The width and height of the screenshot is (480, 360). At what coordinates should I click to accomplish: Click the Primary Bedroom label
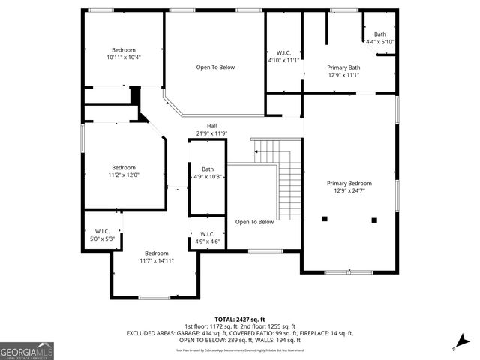coord(349,183)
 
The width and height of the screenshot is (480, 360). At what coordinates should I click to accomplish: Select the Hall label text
coord(212,126)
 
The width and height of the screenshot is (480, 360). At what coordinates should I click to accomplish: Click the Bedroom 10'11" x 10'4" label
coord(124,49)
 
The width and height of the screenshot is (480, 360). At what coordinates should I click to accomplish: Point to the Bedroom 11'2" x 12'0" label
coord(124,167)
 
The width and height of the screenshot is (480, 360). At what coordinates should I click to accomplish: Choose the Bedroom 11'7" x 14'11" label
coord(156,253)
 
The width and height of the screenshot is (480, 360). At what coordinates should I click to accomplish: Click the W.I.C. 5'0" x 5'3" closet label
coord(102,231)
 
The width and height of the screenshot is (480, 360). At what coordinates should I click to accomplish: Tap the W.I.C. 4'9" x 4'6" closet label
coord(208,234)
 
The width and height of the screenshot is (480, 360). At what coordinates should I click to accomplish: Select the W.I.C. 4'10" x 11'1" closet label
coord(283,52)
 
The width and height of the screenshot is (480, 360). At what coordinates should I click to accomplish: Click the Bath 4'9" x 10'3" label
coord(208,169)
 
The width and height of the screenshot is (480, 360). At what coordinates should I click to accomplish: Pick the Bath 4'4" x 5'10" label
coord(380,34)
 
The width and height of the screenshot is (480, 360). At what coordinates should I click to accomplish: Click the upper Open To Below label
coord(215,67)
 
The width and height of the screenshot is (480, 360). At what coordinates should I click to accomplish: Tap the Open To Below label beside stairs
coord(254,222)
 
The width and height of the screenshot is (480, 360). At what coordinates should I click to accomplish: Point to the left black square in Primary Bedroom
coord(325,219)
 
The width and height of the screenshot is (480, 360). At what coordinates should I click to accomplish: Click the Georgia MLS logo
coord(27,351)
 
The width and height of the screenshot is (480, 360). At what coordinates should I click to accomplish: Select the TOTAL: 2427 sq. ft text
coord(239,319)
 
